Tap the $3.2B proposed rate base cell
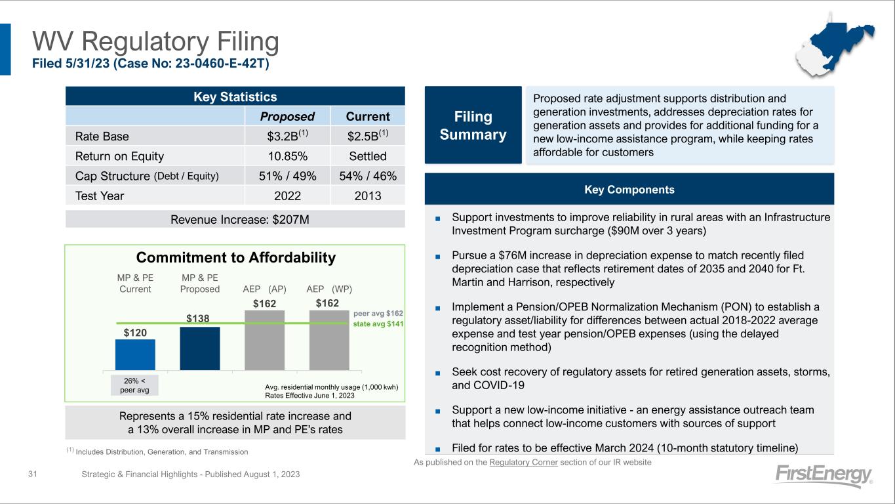pos(287,136)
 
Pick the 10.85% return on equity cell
pos(287,156)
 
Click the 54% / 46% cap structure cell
pos(368,176)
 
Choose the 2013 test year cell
pos(368,196)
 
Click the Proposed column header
pos(287,116)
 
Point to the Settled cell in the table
pos(368,156)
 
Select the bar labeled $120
pos(135,354)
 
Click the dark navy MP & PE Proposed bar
pos(200,348)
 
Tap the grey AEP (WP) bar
pos(329,340)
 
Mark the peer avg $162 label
pos(382,314)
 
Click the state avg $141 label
pos(382,324)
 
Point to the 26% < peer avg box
pos(135,385)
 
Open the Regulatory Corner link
pos(522,463)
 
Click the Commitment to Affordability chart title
pos(235,258)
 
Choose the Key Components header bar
pos(629,190)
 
